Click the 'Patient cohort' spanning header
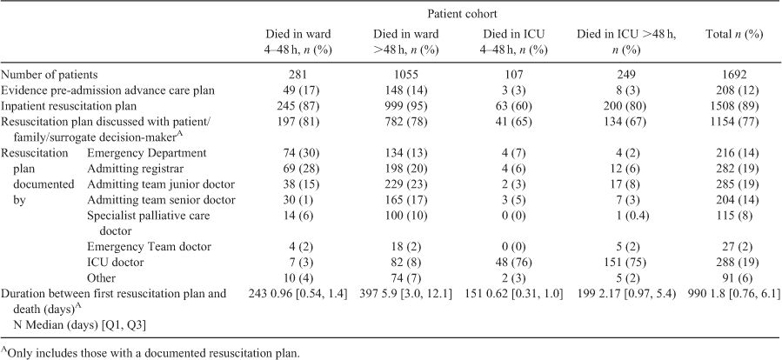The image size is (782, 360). click(469, 14)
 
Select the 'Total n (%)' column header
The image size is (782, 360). click(733, 35)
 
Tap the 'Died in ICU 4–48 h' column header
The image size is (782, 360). click(514, 42)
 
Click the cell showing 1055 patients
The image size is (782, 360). click(406, 75)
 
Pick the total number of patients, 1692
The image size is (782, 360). click(733, 75)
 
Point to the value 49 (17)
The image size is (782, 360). click(298, 90)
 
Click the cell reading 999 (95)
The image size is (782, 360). click(406, 106)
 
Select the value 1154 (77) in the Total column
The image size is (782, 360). click(733, 122)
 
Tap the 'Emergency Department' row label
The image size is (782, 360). click(147, 153)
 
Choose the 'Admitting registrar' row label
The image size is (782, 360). click(132, 169)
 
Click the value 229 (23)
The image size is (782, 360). click(406, 184)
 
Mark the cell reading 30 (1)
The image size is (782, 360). click(298, 200)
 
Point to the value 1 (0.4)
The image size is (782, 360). click(626, 216)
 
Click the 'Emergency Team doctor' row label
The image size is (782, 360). click(149, 247)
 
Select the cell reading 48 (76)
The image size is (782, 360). click(514, 263)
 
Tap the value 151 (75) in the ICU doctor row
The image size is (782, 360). click(626, 263)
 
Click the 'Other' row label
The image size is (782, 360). click(101, 277)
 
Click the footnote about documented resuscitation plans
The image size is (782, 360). click(150, 354)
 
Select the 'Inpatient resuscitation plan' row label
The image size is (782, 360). click(69, 106)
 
